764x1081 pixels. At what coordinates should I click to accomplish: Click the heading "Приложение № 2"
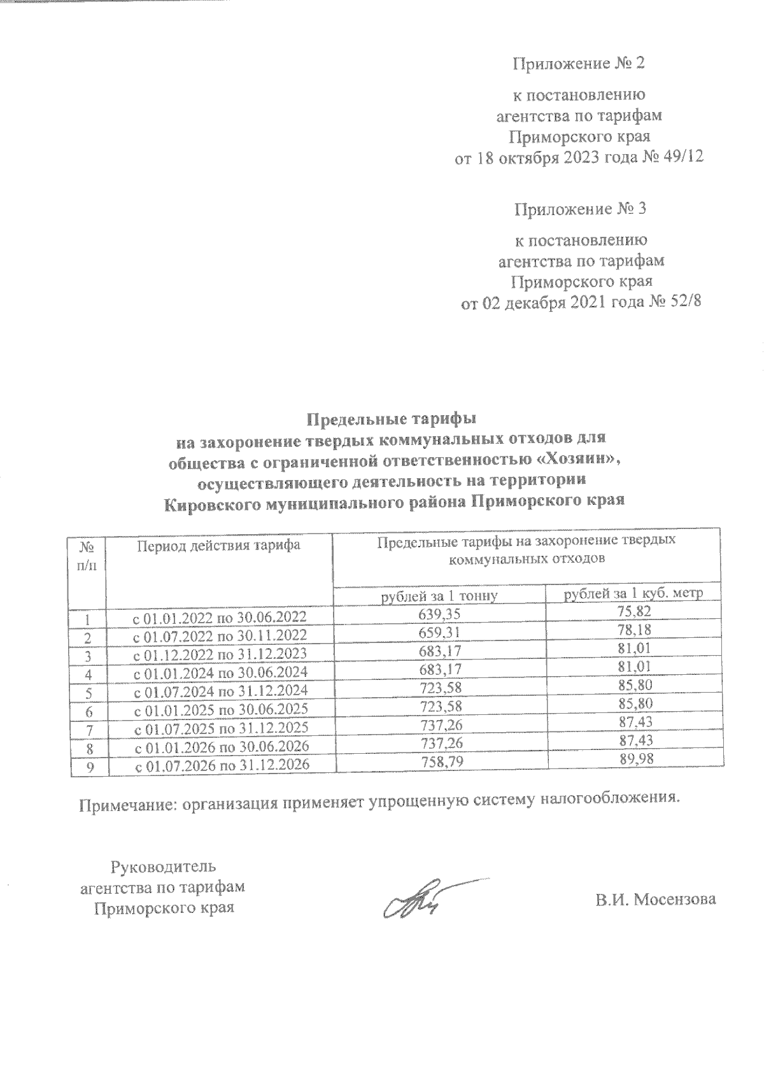pyautogui.click(x=579, y=64)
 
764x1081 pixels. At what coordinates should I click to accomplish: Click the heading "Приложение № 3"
pyautogui.click(x=579, y=209)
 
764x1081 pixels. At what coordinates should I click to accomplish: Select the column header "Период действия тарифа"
pyautogui.click(x=218, y=546)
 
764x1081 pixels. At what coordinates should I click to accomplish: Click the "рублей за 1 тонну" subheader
pyautogui.click(x=439, y=596)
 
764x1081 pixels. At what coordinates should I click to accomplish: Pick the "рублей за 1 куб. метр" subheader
pyautogui.click(x=633, y=595)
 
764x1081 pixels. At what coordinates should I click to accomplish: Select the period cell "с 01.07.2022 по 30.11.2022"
pyautogui.click(x=219, y=635)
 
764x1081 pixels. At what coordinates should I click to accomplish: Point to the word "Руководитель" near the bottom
pyautogui.click(x=164, y=867)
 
